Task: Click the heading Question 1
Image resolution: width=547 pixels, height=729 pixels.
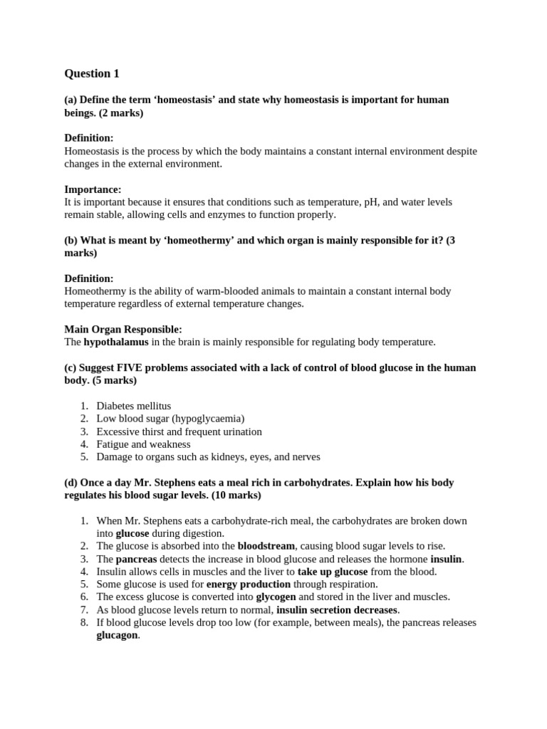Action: pos(92,73)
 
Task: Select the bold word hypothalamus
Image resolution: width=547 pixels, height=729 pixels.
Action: pos(116,342)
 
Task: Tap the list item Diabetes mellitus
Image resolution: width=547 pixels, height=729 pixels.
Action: pos(134,406)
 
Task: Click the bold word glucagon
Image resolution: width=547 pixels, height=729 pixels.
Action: pos(118,635)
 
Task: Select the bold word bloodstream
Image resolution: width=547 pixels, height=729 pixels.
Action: pos(266,546)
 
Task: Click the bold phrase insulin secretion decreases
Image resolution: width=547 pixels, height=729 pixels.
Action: pos(337,609)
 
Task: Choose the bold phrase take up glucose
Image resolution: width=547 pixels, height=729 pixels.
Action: pos(333,571)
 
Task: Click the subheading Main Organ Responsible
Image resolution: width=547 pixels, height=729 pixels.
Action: pos(123,329)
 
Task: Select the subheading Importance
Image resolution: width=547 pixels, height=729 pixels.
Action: pos(93,189)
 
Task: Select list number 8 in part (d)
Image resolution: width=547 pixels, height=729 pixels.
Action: pos(84,622)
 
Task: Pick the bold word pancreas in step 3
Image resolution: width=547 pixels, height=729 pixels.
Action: pos(136,559)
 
